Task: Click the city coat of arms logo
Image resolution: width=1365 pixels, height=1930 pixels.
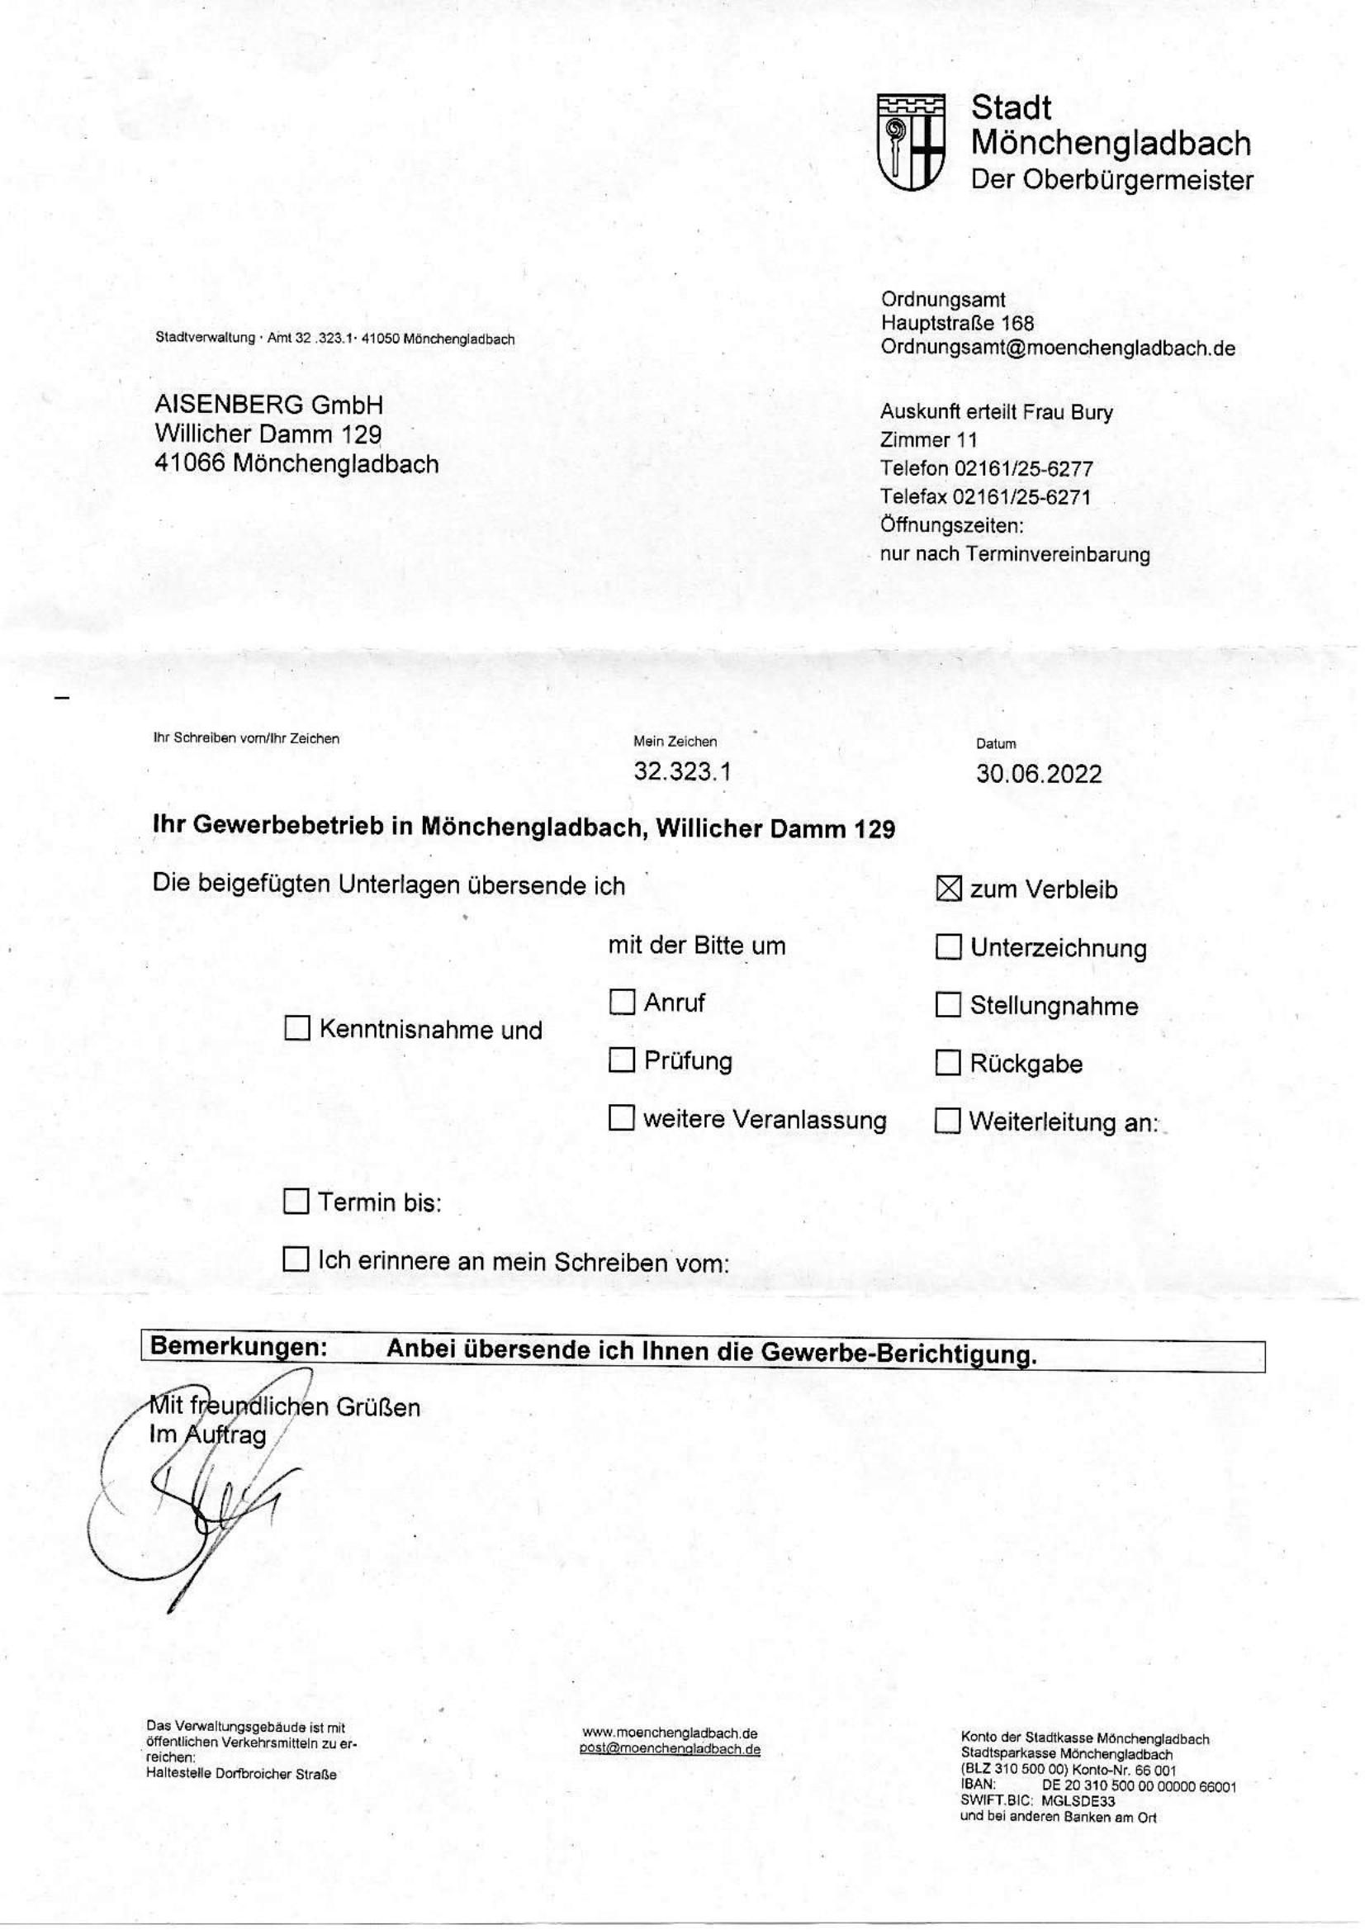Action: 910,141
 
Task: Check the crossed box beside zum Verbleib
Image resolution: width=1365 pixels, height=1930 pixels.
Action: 948,889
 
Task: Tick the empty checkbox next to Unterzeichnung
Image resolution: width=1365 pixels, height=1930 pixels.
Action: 948,947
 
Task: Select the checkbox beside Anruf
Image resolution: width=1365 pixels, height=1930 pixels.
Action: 621,1002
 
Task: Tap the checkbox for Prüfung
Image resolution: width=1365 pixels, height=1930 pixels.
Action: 621,1061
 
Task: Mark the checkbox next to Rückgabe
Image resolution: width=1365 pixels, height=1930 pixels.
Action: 948,1064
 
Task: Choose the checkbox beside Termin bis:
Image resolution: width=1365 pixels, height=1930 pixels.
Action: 296,1202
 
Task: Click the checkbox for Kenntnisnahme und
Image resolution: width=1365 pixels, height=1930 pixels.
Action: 297,1028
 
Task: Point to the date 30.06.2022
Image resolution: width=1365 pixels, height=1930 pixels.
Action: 1038,774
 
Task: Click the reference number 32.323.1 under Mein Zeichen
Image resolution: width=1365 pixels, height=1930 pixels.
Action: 681,771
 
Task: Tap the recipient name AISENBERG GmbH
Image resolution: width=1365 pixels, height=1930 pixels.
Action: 268,405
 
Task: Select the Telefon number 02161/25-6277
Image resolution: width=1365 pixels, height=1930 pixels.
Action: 1023,468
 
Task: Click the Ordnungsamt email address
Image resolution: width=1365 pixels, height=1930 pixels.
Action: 1057,348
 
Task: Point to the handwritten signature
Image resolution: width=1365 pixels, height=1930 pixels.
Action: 201,1505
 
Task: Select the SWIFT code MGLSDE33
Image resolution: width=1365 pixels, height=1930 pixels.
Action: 1084,1801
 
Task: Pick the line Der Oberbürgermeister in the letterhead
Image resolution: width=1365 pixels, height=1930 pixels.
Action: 1111,180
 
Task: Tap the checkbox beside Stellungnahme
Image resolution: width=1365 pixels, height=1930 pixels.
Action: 948,1004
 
